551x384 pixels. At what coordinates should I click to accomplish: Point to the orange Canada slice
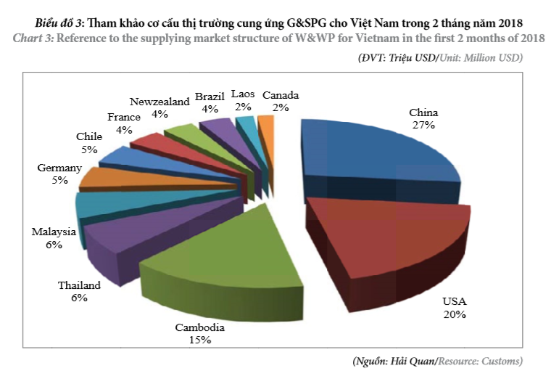pos(267,128)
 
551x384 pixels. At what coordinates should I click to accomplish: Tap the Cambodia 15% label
pos(200,333)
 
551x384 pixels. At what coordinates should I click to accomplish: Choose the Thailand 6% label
pos(79,291)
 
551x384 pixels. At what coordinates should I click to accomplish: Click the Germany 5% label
pos(59,174)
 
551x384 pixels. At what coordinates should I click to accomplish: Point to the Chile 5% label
pos(89,142)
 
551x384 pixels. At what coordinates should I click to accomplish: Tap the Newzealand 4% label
pos(159,107)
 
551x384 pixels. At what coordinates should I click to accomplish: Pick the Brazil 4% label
pos(210,102)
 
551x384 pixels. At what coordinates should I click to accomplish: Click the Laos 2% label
pos(242,100)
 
